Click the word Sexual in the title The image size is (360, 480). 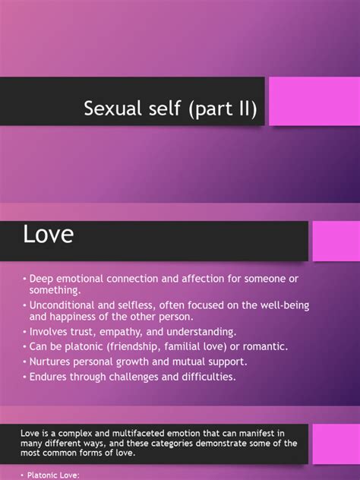[113, 108]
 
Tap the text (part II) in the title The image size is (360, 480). [223, 109]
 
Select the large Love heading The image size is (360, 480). [49, 234]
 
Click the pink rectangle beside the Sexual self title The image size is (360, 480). [314, 101]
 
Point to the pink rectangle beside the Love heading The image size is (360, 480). [336, 241]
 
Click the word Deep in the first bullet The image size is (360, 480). [41, 279]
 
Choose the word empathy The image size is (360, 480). [121, 332]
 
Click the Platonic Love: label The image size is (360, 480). [53, 475]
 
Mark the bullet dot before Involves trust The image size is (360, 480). [24, 333]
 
